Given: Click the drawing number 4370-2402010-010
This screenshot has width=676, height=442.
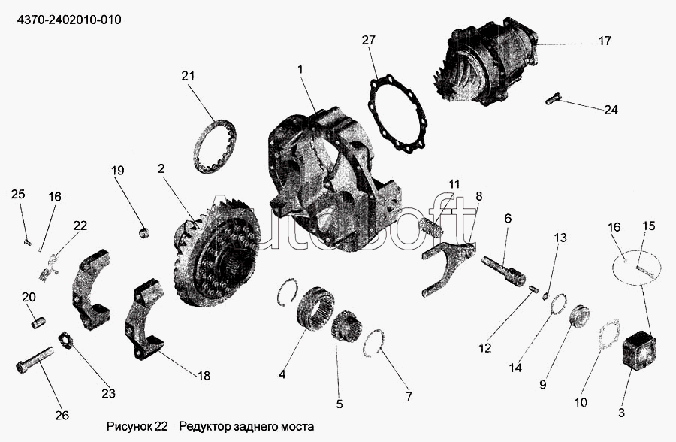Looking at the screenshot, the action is coord(69,20).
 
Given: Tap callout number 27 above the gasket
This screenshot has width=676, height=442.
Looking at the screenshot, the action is coord(369,40).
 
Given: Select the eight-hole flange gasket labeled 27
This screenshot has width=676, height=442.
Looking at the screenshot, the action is coord(397,113).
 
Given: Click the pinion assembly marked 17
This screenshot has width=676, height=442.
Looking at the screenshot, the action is coord(486,62).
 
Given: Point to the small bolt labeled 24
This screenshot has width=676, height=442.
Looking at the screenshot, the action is coord(552,99).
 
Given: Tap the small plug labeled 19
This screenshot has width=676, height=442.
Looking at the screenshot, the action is coord(144,233).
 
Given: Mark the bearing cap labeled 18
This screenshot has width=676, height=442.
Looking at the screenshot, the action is coord(145,319).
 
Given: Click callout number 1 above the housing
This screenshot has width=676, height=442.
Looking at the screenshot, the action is coord(300,69).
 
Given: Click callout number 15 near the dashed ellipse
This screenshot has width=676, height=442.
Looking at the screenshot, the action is coord(648,226).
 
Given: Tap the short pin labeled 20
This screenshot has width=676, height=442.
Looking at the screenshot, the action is coord(38,322).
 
